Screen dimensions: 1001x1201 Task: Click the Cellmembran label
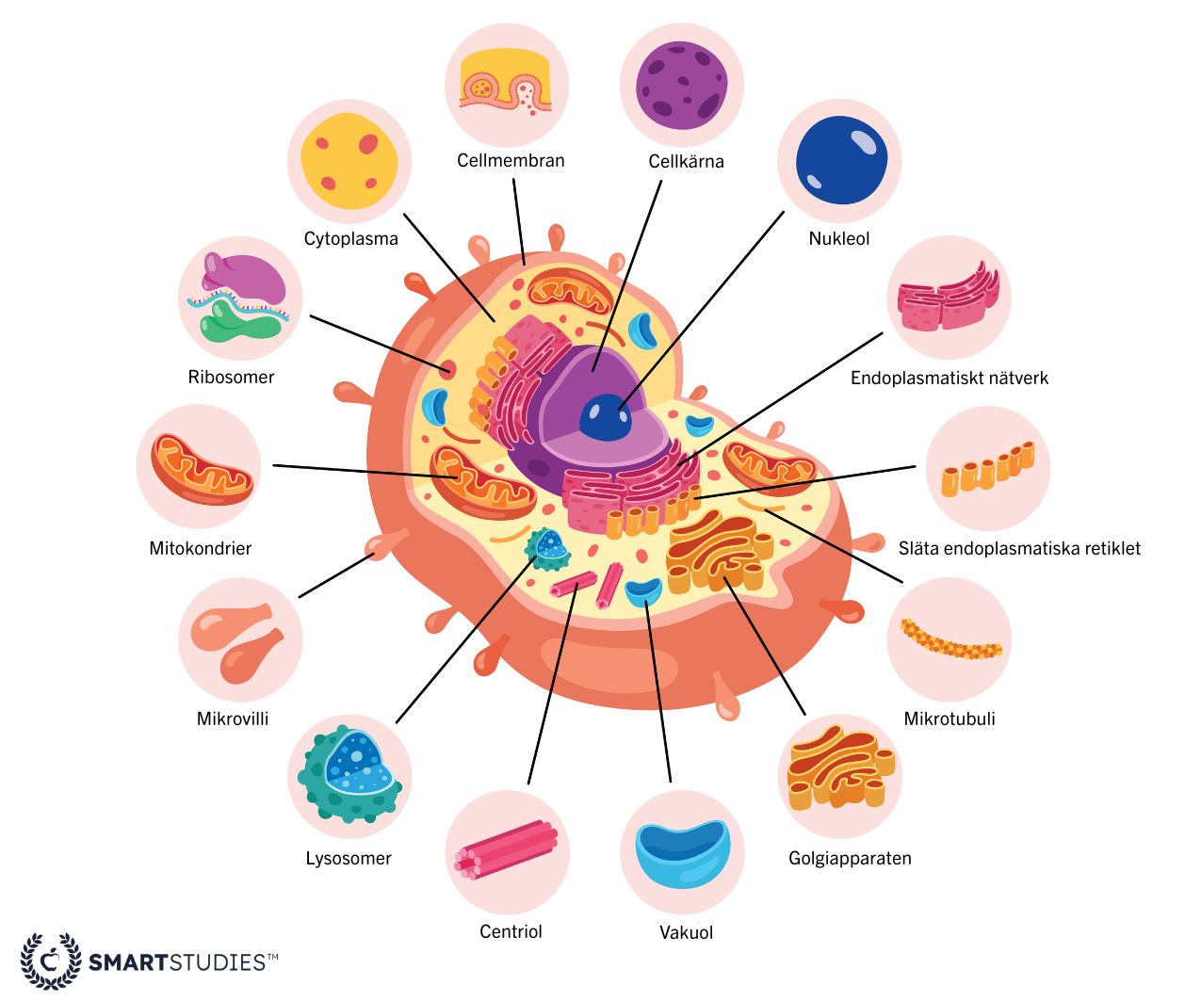click(x=511, y=160)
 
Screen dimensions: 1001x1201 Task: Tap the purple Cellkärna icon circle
click(x=681, y=86)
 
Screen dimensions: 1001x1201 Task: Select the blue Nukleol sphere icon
click(x=840, y=160)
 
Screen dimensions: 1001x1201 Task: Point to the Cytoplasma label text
click(x=350, y=238)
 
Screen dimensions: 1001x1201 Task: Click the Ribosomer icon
click(x=240, y=299)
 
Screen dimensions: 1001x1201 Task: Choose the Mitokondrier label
click(x=201, y=548)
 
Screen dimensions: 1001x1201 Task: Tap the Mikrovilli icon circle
click(x=239, y=641)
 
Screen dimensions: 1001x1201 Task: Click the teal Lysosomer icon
click(x=349, y=775)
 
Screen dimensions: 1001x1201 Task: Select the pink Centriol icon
click(x=507, y=850)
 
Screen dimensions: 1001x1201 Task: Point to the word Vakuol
click(x=686, y=932)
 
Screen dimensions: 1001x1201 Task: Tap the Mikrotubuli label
click(x=949, y=718)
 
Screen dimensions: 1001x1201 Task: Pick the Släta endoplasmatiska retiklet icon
click(x=987, y=468)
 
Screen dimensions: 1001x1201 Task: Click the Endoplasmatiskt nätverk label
click(x=949, y=378)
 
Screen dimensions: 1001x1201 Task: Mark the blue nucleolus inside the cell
click(x=605, y=417)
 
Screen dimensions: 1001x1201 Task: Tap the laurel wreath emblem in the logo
click(x=50, y=961)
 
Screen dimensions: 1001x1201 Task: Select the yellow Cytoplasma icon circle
click(x=349, y=161)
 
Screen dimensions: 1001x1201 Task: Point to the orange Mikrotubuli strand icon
click(x=949, y=640)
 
